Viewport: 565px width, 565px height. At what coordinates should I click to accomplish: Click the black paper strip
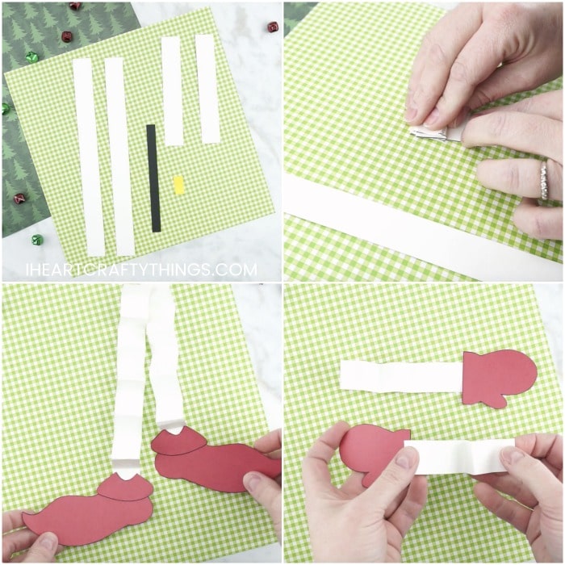[x=154, y=178]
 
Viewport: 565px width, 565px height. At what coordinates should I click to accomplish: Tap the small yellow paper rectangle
[x=178, y=185]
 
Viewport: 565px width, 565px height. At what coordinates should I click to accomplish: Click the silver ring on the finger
[x=543, y=180]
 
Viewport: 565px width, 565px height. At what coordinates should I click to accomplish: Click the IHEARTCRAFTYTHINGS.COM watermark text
[x=141, y=270]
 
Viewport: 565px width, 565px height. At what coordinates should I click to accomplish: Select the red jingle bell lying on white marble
[x=273, y=27]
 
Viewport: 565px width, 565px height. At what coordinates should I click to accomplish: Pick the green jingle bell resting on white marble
[x=37, y=239]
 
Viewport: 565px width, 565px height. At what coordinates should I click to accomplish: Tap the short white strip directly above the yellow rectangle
[x=173, y=90]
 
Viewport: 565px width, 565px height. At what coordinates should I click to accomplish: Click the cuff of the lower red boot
[x=124, y=488]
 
